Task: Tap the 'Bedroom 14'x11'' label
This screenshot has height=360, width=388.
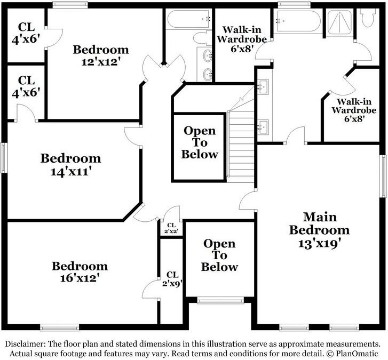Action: pos(70,165)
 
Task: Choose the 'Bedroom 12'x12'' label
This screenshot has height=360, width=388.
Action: pos(101,55)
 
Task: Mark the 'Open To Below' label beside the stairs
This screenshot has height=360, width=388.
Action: pos(200,142)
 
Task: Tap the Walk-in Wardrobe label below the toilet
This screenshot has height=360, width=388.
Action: pos(350,110)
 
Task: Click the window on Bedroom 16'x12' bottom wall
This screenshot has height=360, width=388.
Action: pos(56,327)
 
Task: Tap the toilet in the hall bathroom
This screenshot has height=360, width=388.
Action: pos(201,38)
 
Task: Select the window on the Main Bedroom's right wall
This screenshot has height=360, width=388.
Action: pos(383,176)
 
